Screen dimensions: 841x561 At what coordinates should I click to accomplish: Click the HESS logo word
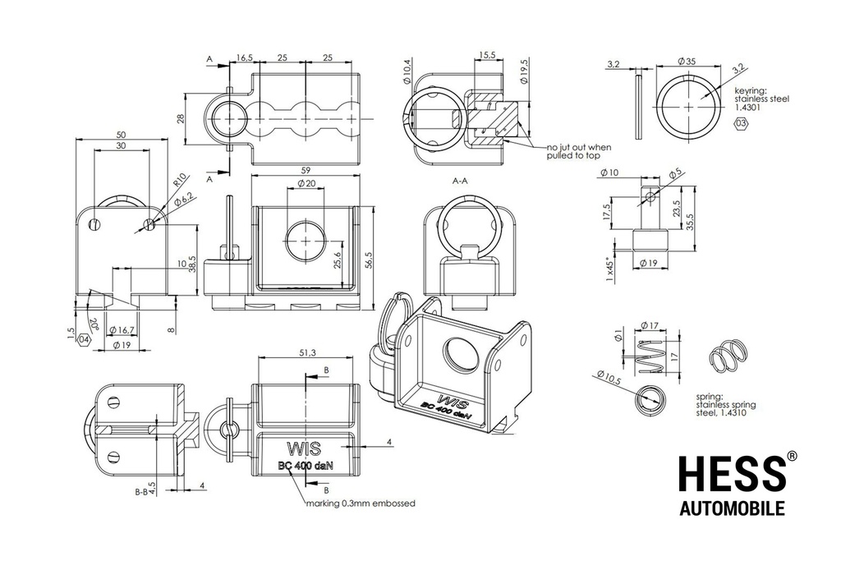732,474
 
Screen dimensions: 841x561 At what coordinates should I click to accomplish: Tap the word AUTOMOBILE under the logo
732,508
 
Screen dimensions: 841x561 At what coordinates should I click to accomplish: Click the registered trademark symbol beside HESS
792,456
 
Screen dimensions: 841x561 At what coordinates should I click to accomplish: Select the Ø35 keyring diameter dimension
687,61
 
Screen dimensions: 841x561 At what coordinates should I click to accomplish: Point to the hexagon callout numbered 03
741,124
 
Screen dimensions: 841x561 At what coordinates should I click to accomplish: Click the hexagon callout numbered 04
85,340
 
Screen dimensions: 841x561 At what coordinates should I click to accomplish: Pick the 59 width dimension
306,171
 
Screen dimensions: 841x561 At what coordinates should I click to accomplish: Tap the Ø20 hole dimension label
306,183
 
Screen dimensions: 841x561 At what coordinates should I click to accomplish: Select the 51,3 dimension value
308,352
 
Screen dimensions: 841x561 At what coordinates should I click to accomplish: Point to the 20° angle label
94,324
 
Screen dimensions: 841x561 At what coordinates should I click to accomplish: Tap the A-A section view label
460,182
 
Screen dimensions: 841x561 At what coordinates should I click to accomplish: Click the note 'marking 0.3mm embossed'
361,504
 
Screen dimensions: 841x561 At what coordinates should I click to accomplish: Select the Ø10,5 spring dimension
609,377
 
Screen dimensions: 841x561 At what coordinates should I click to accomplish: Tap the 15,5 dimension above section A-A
487,55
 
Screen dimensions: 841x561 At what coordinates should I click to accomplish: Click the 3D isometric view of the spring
728,356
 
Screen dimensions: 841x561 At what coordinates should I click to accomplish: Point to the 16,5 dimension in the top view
244,57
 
